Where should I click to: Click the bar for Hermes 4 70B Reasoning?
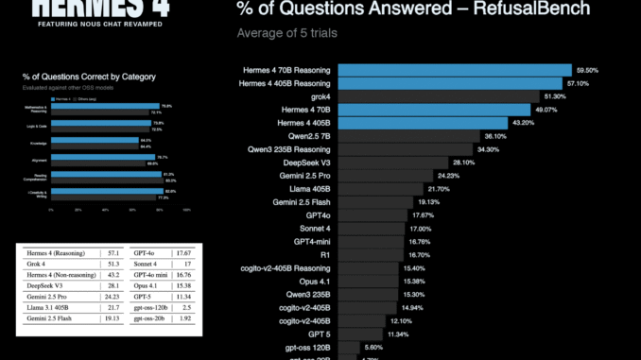(454, 70)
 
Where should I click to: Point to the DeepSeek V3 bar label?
(303, 162)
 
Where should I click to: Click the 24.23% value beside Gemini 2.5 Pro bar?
(447, 176)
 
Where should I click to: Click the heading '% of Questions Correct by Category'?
(89, 76)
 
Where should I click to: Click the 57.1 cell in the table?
(114, 253)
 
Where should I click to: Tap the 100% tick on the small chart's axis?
(186, 209)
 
